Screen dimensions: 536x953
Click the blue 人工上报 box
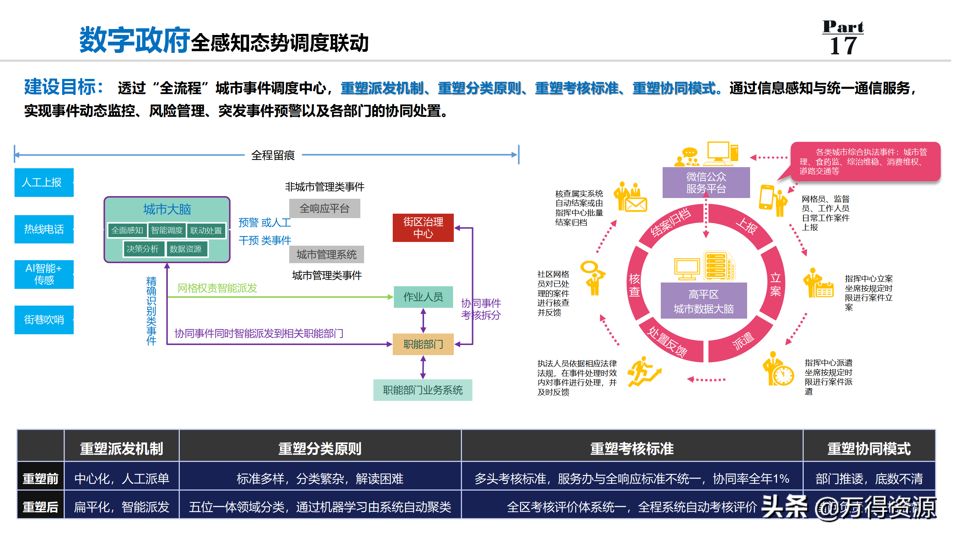44,182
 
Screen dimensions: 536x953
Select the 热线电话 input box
44,229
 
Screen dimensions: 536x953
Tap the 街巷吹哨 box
44,320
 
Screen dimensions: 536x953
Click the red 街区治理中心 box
423,228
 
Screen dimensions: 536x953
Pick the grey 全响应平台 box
324,208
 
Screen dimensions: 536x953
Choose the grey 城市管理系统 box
326,255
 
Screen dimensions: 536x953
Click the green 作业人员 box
423,297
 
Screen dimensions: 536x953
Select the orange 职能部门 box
423,344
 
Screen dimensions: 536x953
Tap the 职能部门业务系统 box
423,390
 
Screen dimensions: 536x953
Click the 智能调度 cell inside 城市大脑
167,230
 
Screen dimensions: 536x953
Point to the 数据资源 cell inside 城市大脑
185,249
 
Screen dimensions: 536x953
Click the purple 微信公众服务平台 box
706,182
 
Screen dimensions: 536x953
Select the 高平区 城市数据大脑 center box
704,301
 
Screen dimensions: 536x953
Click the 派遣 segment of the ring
743,341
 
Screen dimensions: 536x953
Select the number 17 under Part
843,46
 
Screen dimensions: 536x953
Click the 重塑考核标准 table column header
632,449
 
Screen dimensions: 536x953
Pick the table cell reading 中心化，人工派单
122,478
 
